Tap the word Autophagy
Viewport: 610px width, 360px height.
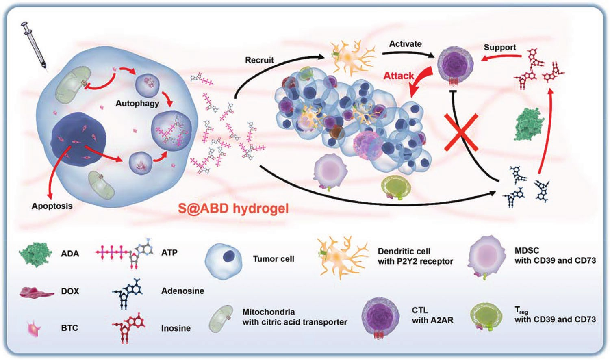coord(137,104)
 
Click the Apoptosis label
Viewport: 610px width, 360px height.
coord(52,206)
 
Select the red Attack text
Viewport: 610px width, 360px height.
coord(398,76)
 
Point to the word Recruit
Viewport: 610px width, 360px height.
coord(259,60)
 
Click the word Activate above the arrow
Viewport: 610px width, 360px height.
coord(405,44)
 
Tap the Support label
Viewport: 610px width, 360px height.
coord(500,48)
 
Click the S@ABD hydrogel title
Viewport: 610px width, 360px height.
coord(233,208)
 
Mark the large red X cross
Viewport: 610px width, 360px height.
coord(461,132)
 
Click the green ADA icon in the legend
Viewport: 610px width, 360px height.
coord(35,254)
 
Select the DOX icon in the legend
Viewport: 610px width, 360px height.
coord(37,292)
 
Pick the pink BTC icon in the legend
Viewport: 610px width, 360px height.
coord(34,328)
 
